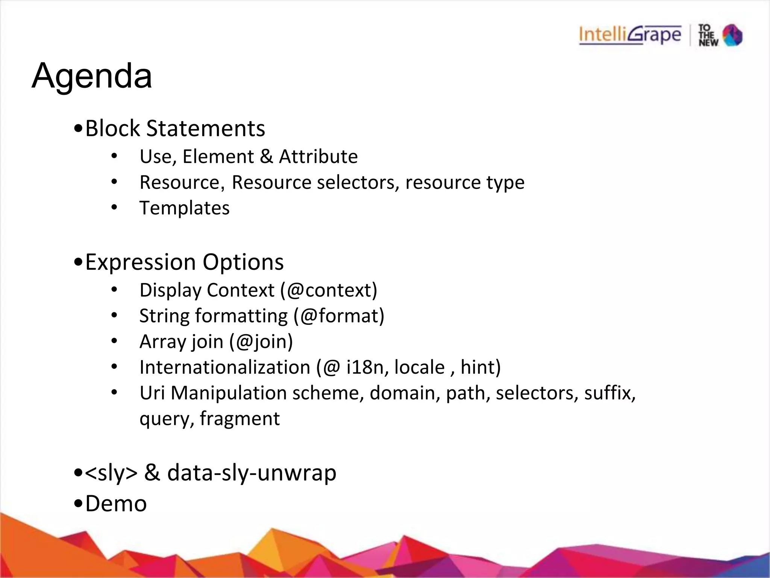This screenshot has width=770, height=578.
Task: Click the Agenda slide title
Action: click(x=92, y=76)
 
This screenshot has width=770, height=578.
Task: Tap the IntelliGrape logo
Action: click(x=630, y=35)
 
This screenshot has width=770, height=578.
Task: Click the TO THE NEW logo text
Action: click(x=708, y=35)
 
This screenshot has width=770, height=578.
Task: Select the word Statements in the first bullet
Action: click(x=205, y=128)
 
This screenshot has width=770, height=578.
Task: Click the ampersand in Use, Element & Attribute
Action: click(x=266, y=157)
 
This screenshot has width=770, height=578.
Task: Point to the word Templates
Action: click(x=184, y=208)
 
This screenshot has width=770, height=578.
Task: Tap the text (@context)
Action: click(x=329, y=290)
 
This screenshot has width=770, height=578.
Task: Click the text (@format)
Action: click(x=339, y=316)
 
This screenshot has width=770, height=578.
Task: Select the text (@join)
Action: click(x=261, y=342)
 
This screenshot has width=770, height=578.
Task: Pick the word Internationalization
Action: click(x=224, y=367)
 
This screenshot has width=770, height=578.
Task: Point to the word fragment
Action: click(x=240, y=418)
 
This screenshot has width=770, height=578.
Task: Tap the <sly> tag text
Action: click(x=111, y=473)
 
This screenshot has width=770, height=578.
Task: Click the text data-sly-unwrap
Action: click(x=252, y=473)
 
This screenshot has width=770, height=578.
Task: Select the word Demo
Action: click(x=116, y=504)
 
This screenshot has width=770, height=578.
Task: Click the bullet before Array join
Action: click(x=114, y=341)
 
